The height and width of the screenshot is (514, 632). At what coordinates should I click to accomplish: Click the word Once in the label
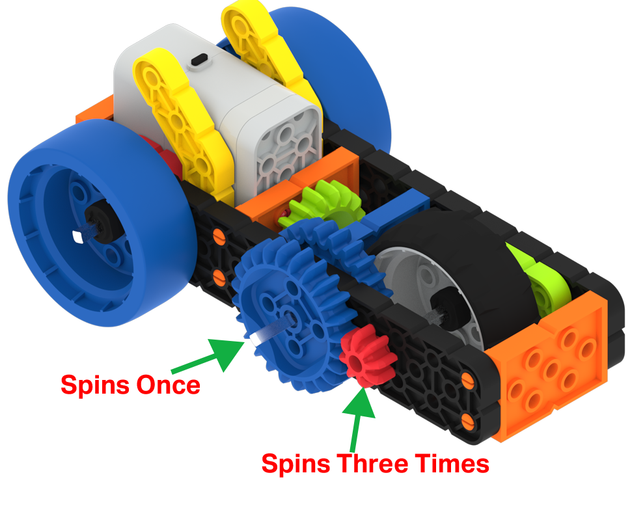167,385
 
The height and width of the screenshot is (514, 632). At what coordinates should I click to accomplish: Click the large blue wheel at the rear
338,72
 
